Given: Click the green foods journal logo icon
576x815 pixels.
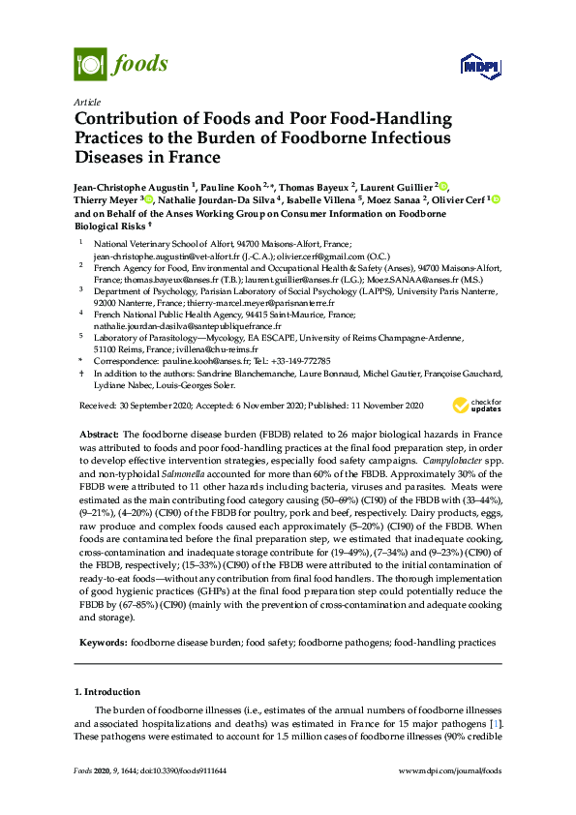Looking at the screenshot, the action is tap(90, 64).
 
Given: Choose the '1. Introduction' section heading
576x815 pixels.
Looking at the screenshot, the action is tap(107, 692).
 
